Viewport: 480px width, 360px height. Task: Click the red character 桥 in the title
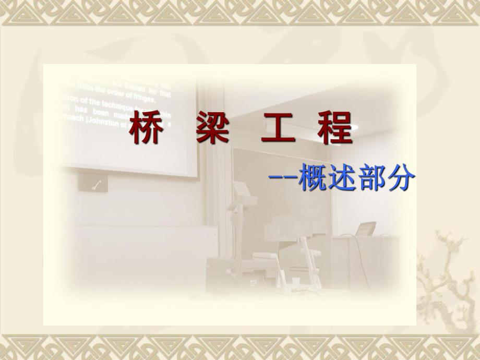tap(145, 130)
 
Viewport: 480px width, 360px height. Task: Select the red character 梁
tap(212, 130)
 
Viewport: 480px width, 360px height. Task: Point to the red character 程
tap(335, 130)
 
